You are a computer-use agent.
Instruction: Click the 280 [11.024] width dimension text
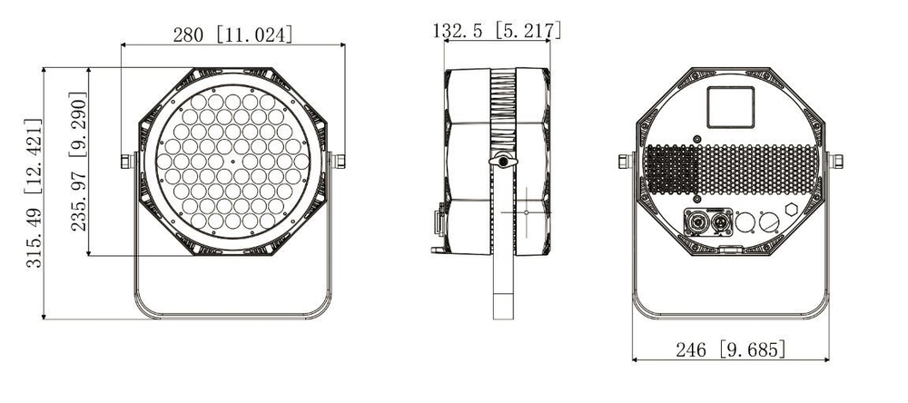pyautogui.click(x=233, y=34)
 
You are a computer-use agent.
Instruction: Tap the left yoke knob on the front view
pyautogui.click(x=126, y=161)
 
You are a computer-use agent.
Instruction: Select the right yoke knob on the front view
pyautogui.click(x=341, y=161)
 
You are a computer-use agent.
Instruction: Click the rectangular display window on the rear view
pyautogui.click(x=731, y=107)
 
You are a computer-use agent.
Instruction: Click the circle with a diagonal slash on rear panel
pyautogui.click(x=767, y=221)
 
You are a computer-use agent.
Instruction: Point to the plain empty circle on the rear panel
pyautogui.click(x=745, y=221)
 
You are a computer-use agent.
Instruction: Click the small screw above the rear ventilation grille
pyautogui.click(x=696, y=138)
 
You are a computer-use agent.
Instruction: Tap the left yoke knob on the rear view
pyautogui.click(x=624, y=161)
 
